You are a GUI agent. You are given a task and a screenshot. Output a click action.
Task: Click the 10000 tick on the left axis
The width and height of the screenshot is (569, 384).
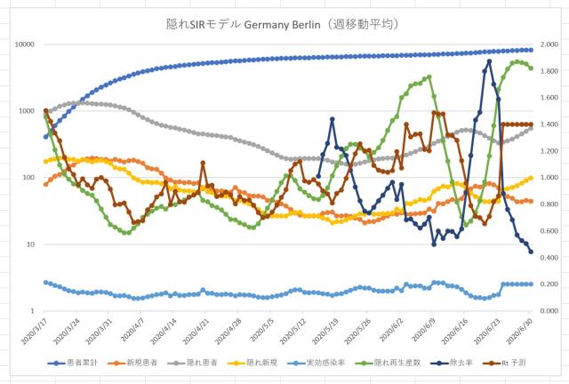coord(22,44)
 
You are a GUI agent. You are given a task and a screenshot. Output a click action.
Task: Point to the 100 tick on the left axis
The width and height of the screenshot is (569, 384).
coord(26,178)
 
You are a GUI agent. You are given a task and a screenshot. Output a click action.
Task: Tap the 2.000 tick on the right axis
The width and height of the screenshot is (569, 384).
coord(550,44)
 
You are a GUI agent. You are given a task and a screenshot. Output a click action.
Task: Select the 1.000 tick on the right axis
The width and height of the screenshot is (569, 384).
coord(550,178)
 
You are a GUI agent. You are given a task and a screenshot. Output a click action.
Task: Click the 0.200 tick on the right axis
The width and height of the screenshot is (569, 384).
coord(550,284)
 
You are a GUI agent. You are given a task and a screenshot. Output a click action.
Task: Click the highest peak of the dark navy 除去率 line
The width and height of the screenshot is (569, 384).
coord(489,61)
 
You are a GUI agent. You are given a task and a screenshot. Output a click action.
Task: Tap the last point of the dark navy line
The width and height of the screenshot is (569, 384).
coord(531,252)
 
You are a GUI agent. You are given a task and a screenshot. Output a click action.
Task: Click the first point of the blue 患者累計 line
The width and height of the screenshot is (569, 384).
coord(45,137)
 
